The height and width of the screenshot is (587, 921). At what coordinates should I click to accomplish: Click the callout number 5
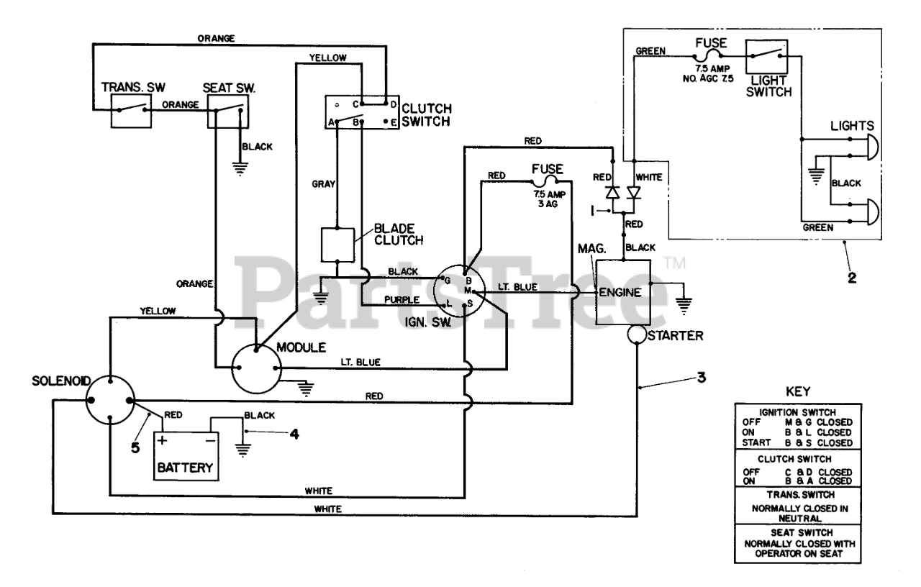pyautogui.click(x=135, y=447)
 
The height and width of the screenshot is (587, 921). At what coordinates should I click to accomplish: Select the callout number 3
pyautogui.click(x=702, y=378)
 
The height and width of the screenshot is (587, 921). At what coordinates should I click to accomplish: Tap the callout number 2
pyautogui.click(x=852, y=278)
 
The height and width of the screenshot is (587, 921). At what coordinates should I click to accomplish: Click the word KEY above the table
pyautogui.click(x=798, y=391)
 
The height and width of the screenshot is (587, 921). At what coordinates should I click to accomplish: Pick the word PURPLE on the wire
pyautogui.click(x=401, y=300)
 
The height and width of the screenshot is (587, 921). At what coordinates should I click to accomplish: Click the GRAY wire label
pyautogui.click(x=323, y=183)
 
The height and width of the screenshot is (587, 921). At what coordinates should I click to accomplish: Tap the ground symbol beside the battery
pyautogui.click(x=242, y=450)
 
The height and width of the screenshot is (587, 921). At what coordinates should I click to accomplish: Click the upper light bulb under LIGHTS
pyautogui.click(x=873, y=147)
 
